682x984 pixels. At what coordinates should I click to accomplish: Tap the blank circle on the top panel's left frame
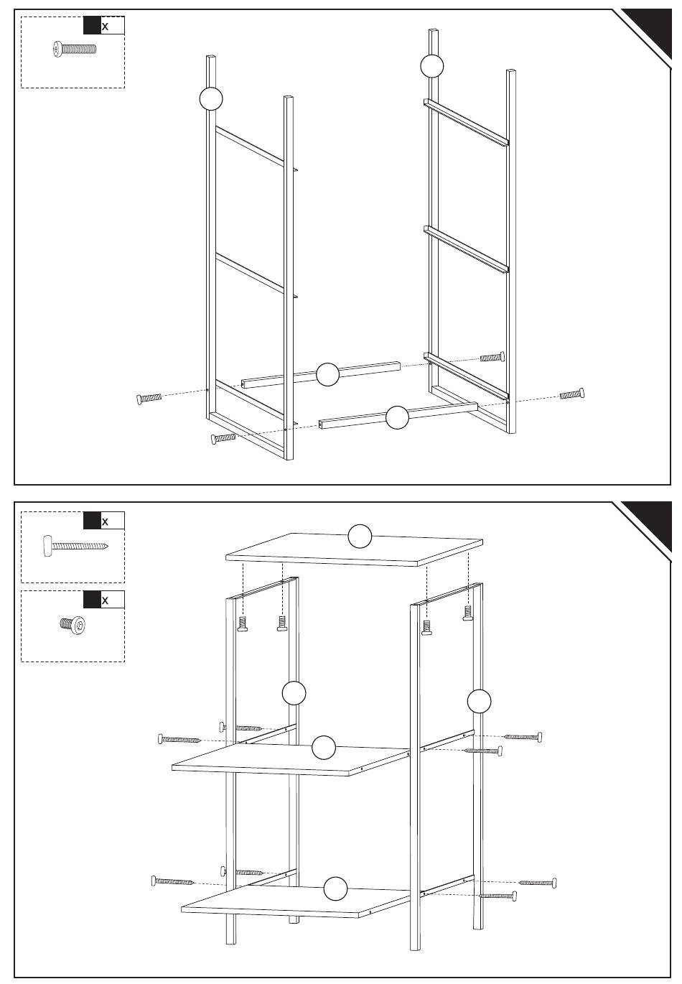(211, 98)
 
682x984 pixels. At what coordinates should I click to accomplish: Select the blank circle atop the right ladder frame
(431, 66)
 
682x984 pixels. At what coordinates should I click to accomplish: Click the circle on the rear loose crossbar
(327, 374)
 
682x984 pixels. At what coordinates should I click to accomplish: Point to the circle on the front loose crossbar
(397, 417)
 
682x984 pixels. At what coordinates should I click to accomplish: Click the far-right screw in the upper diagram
(571, 394)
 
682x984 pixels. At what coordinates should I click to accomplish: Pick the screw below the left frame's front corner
(223, 437)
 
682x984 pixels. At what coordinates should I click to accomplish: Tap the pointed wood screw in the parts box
(75, 546)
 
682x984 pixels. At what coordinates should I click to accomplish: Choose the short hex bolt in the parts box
(73, 625)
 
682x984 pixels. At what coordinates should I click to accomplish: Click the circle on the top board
(360, 536)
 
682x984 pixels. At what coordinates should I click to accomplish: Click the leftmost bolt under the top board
(243, 623)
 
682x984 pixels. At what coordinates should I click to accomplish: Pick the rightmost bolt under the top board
(467, 613)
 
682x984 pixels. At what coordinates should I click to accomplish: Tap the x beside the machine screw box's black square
(105, 27)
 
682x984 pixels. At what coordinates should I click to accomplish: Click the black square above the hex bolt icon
(92, 600)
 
